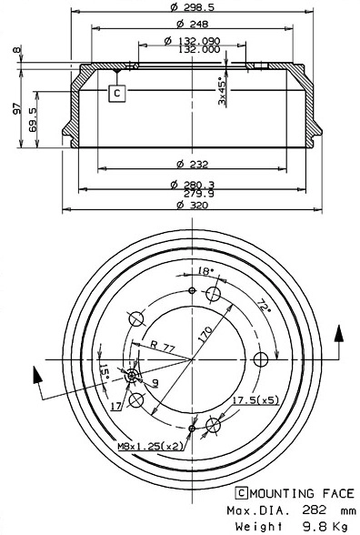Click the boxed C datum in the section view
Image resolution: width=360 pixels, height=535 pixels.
pos(116,92)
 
